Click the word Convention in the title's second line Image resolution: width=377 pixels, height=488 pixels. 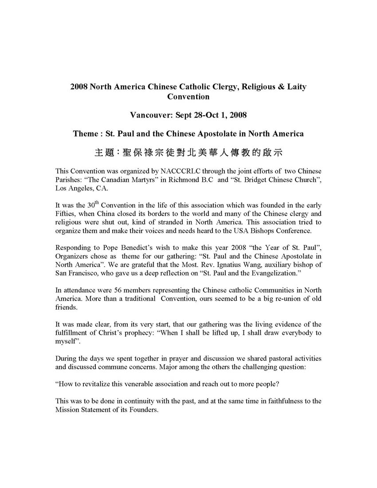coord(188,96)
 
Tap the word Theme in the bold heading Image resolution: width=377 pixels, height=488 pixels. coord(85,134)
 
